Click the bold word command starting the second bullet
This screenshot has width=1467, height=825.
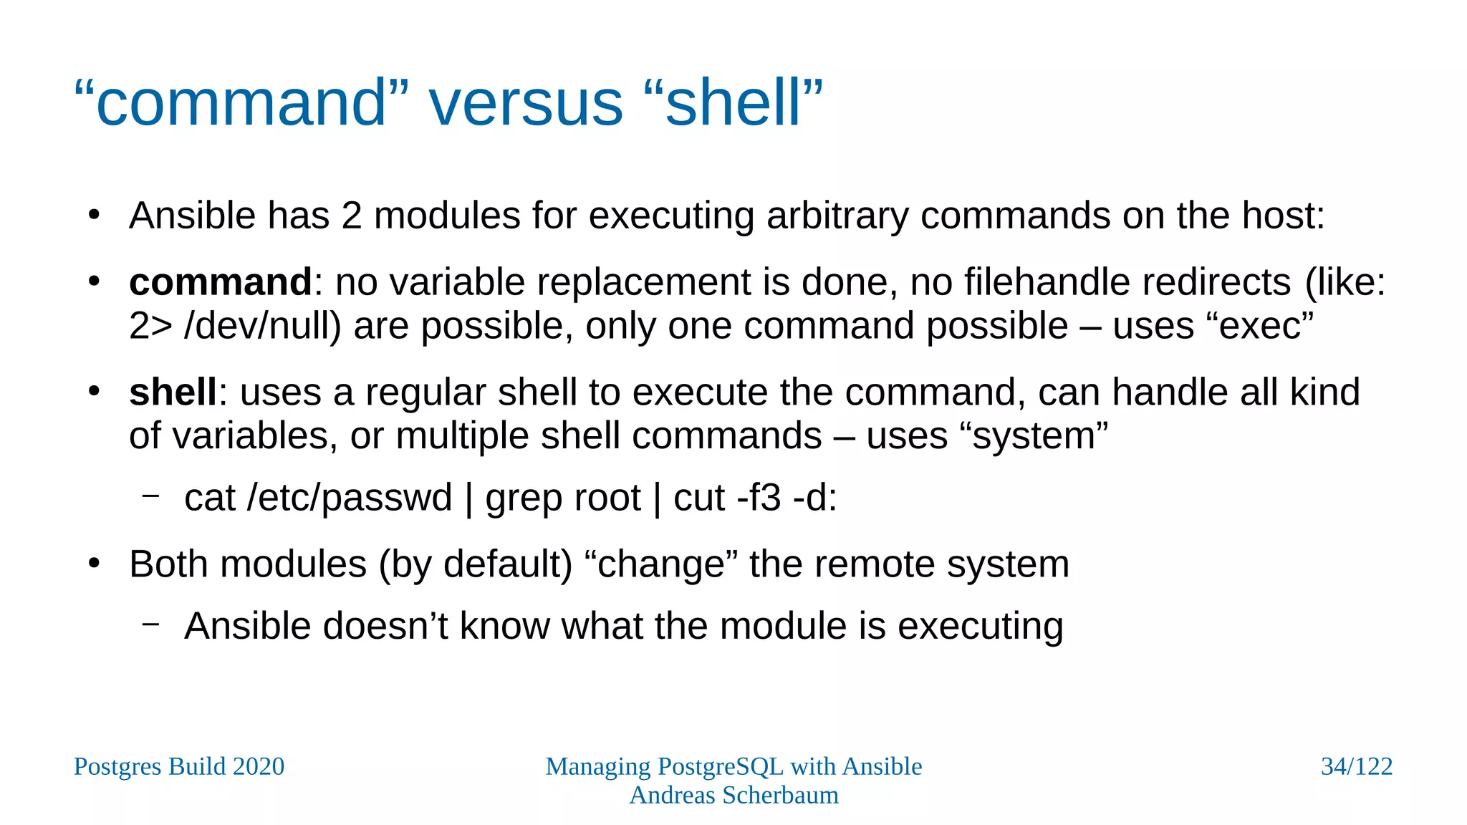[x=220, y=281]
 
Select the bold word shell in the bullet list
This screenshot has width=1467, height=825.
[x=173, y=392]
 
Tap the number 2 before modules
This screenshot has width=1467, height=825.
[x=351, y=215]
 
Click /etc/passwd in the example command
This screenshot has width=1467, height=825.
[x=350, y=497]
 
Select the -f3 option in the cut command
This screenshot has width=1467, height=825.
[x=759, y=497]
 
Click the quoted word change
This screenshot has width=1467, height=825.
[x=662, y=564]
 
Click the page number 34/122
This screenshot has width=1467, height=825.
[x=1356, y=766]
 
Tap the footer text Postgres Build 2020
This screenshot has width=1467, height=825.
[x=179, y=766]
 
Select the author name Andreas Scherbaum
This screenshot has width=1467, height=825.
[x=733, y=795]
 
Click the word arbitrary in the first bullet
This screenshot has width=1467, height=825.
[x=837, y=215]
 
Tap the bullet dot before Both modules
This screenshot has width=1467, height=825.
[x=94, y=564]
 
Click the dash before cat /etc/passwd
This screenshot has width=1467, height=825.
[x=150, y=496]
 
